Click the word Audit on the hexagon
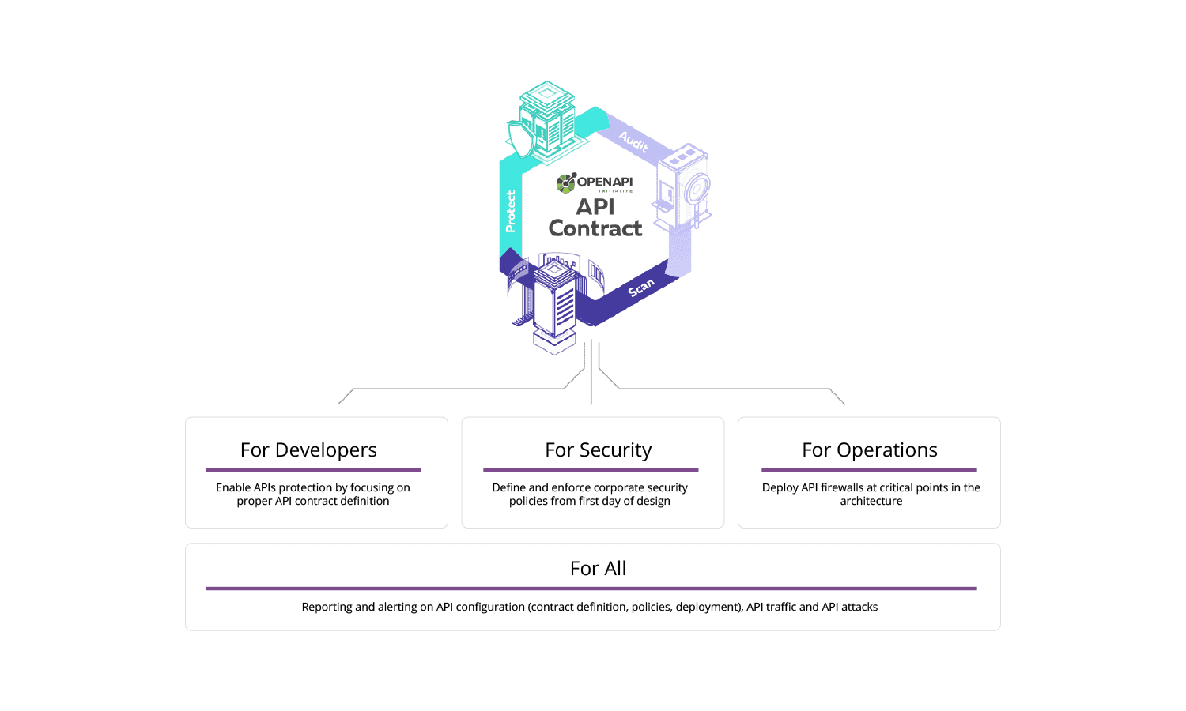pos(633,141)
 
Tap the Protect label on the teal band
pos(511,212)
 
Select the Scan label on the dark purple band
pos(641,288)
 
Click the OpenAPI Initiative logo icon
pos(566,183)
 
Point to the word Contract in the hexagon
pos(595,229)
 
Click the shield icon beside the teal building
pos(519,138)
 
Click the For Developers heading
pos(308,450)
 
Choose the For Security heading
pos(599,450)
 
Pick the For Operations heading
pos(870,450)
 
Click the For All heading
pos(598,569)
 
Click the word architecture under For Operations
pos(871,501)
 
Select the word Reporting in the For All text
pos(327,607)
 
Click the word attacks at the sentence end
pos(859,607)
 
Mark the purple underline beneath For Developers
pos(313,470)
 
